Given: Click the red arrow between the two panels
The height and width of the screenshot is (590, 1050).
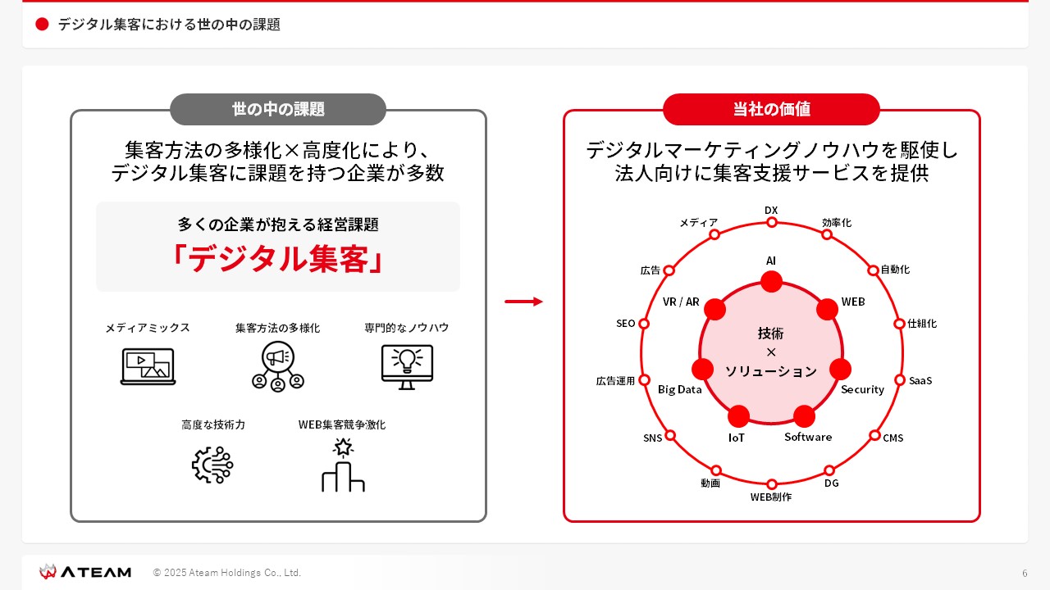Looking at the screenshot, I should [523, 302].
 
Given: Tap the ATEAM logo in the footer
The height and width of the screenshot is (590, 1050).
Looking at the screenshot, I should [85, 572].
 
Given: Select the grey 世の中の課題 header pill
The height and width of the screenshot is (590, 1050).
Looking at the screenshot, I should [278, 109].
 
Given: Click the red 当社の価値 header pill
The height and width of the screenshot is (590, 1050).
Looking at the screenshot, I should [771, 109].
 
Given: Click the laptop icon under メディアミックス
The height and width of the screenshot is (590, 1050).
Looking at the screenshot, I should [148, 366].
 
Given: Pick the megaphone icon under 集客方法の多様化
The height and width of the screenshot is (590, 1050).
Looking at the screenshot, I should [278, 365].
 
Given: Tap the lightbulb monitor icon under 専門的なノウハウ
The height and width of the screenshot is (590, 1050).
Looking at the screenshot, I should [407, 366].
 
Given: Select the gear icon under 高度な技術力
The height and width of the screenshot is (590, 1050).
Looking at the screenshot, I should [212, 465].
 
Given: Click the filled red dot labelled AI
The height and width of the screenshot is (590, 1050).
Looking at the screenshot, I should [771, 282].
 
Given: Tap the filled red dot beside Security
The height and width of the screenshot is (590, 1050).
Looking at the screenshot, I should [840, 369].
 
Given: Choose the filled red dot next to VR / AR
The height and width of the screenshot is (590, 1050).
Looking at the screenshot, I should [715, 309].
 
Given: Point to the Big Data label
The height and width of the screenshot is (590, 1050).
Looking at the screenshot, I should [680, 389].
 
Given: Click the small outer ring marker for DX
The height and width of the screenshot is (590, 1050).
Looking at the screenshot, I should [772, 222].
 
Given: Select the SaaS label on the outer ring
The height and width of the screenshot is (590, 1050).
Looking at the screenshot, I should [920, 381].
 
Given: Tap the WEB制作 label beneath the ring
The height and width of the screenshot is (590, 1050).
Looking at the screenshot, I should [771, 497].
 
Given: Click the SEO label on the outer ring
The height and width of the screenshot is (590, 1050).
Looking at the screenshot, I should [626, 324].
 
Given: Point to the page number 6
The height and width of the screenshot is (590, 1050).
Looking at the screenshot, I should [1025, 573].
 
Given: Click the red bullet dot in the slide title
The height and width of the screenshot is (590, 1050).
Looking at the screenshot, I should [43, 25].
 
